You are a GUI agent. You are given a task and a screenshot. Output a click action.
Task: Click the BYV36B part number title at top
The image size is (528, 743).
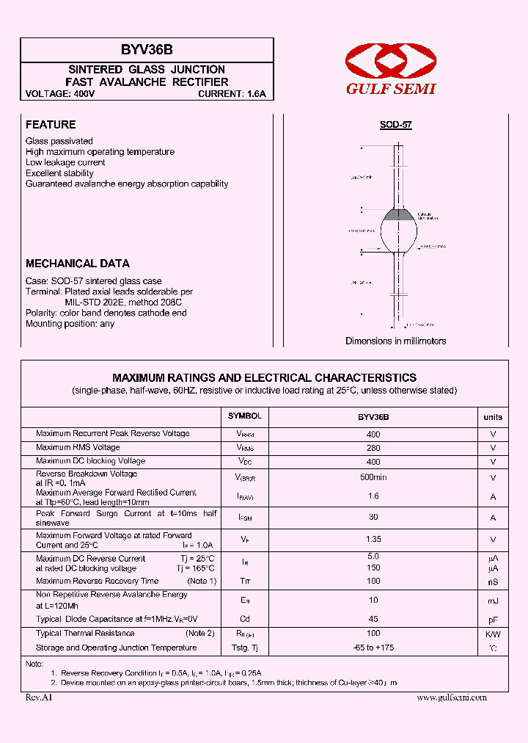coord(147,50)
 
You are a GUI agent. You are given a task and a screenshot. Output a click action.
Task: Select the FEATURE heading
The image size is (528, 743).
coord(51,125)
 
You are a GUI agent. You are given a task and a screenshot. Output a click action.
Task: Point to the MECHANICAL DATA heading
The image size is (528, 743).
coord(78,264)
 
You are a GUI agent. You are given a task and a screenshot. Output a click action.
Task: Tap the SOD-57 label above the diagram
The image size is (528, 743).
coord(396,126)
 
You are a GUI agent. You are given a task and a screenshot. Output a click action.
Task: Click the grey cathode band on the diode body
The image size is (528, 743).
coord(400,215)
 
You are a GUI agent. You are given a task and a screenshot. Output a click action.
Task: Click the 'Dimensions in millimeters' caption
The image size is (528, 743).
coord(396,341)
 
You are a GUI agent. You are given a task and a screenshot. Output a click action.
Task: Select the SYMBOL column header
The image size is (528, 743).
coord(245,416)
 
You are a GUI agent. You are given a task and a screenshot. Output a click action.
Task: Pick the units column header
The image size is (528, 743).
coord(493,417)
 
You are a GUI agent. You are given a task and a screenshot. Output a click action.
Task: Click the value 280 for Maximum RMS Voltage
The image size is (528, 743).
coord(373,448)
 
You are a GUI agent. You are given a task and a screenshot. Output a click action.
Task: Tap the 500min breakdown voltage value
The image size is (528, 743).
coord(373,476)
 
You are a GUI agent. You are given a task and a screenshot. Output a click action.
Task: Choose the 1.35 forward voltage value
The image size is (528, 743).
coord(373,539)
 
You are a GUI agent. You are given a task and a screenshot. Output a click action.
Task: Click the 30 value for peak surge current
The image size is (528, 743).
coord(373,517)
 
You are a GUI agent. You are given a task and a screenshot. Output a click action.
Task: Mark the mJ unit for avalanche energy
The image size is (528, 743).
coord(493,601)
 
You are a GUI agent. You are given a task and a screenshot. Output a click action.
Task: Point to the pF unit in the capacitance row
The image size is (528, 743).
coord(493,620)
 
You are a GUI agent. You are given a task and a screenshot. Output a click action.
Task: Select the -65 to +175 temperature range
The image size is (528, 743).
coord(373,648)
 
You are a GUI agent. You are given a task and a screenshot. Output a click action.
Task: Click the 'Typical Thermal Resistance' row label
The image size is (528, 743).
coord(85,634)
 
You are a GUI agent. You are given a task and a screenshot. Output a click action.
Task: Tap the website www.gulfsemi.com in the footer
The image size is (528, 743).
coord(452,698)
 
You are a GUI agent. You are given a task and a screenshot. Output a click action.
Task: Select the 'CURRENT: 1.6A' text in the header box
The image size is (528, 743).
coord(232,95)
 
